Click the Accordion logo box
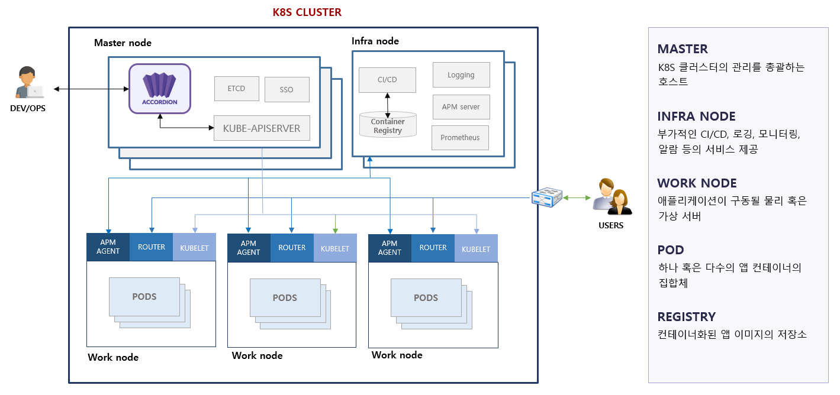pos(160,88)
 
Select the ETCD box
pos(236,89)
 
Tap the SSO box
pos(287,90)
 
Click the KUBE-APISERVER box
pos(262,128)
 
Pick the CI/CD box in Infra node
pos(387,79)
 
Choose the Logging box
pos(461,75)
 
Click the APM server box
pos(461,107)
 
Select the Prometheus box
pos(460,138)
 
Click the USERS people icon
pos(612,197)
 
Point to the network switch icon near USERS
pos(546,197)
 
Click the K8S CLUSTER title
pos(307,12)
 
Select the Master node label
pos(123,43)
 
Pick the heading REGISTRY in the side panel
pos(686,316)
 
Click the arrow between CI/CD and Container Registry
pos(388,103)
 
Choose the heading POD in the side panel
pos(671,250)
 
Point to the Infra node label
pos(375,41)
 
